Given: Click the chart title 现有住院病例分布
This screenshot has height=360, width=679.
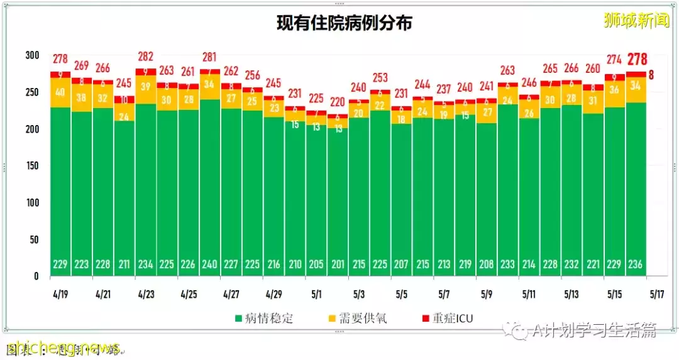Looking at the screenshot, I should click(345, 24).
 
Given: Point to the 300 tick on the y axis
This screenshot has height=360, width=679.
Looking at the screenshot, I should click(31, 55).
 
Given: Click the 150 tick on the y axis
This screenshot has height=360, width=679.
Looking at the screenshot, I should click(31, 166).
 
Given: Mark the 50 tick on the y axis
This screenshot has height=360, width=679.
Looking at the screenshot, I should click(34, 239).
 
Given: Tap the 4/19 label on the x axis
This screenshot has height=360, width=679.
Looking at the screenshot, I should click(60, 293).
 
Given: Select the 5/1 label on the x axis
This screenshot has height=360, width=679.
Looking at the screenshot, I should click(317, 293).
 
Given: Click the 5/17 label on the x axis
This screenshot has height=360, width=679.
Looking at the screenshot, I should click(656, 293).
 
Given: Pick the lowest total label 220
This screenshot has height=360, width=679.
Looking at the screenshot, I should click(338, 102).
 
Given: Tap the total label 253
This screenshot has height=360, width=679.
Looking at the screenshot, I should click(380, 78).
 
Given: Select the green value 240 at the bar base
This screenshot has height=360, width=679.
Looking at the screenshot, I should click(209, 265).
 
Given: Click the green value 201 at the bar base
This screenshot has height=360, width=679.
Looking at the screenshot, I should click(338, 265).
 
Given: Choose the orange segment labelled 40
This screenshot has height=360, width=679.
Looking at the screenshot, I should click(60, 92).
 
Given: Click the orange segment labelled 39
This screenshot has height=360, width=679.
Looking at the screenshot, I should click(145, 88).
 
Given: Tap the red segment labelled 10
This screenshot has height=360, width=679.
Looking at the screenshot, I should click(124, 99).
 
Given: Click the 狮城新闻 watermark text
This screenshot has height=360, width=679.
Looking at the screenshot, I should click(636, 20).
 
